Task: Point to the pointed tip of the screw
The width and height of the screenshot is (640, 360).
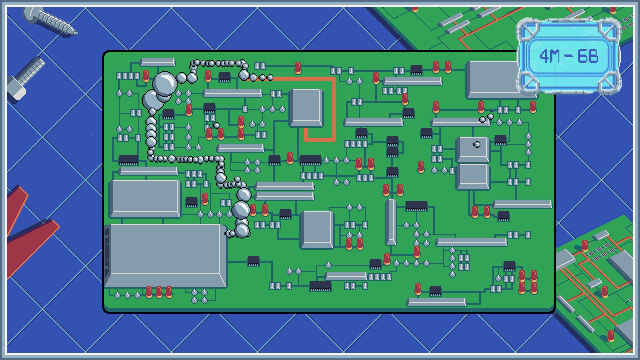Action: tap(75, 33)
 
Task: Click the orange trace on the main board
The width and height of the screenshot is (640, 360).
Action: tap(333, 110)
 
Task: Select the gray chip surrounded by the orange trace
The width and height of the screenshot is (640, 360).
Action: tap(306, 107)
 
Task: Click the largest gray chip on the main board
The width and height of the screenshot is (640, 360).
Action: tap(165, 255)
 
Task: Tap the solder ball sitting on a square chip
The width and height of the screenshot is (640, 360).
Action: tap(477, 145)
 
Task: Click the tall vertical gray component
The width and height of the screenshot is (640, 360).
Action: tap(391, 222)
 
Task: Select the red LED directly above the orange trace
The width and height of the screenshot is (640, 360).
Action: tap(298, 68)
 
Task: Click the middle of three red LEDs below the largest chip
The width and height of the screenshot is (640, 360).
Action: tap(159, 292)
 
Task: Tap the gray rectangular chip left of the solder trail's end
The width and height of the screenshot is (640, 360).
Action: tap(145, 198)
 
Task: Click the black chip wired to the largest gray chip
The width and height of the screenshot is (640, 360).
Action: tap(253, 261)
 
